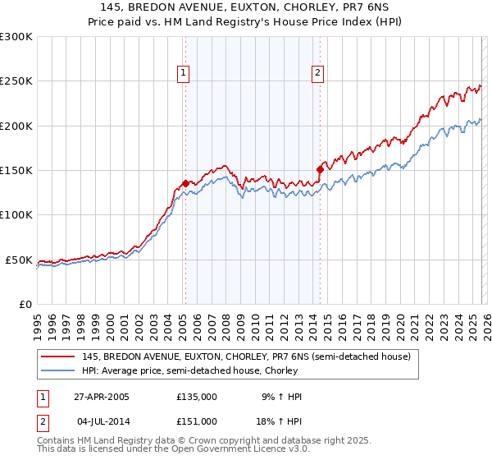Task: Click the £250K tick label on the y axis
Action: coord(16,81)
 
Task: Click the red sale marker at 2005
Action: coord(185,183)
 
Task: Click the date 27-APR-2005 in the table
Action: coord(101,397)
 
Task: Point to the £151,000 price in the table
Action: coord(197,421)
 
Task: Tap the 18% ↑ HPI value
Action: coord(279,421)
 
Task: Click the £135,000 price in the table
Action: coord(197,397)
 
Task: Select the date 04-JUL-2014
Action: coord(101,421)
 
